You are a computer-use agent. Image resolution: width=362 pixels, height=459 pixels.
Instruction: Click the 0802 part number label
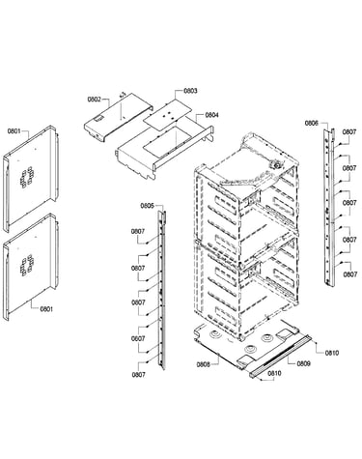[95, 100]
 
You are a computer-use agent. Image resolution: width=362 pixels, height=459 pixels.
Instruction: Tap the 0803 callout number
[190, 91]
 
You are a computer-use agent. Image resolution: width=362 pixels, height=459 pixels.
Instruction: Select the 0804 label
[211, 115]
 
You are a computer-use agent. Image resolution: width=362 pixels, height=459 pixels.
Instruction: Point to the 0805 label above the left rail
[147, 206]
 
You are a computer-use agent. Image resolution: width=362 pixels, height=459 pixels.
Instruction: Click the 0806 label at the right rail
[312, 123]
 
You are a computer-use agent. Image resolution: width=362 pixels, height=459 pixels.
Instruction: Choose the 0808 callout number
[204, 364]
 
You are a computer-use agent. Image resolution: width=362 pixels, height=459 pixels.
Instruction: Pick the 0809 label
[303, 363]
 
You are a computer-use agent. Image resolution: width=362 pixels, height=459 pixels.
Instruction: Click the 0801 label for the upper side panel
[14, 131]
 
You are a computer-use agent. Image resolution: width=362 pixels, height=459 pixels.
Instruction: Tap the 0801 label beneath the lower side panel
[46, 309]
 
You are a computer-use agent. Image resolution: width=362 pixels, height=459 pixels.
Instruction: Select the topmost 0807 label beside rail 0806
[349, 131]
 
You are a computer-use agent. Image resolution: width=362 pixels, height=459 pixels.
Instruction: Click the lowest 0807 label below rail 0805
[138, 375]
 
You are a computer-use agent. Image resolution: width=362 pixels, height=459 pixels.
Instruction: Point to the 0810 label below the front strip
[274, 373]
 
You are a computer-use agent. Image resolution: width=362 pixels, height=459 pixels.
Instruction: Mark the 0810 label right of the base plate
[332, 353]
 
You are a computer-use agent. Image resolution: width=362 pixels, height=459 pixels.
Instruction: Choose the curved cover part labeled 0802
[118, 117]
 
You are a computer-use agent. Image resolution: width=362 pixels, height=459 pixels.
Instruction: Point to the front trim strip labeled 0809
[280, 357]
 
